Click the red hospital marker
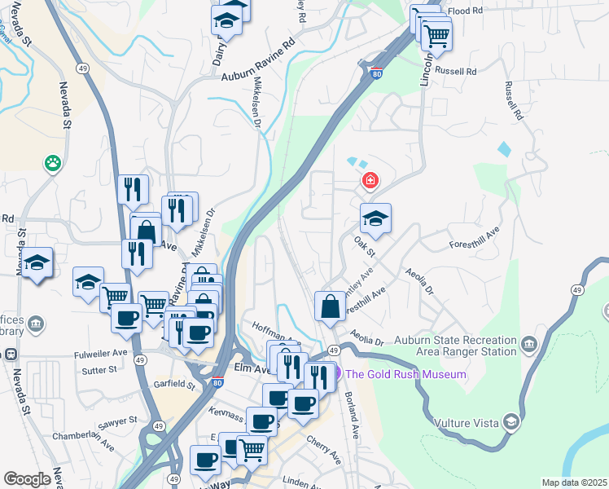coord(370,180)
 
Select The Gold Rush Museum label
coord(405,374)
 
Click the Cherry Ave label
coord(323,451)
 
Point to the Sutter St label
coord(101,369)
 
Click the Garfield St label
coord(174,383)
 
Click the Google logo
coord(27,479)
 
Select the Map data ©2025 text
coord(574,482)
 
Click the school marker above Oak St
coord(375,218)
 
